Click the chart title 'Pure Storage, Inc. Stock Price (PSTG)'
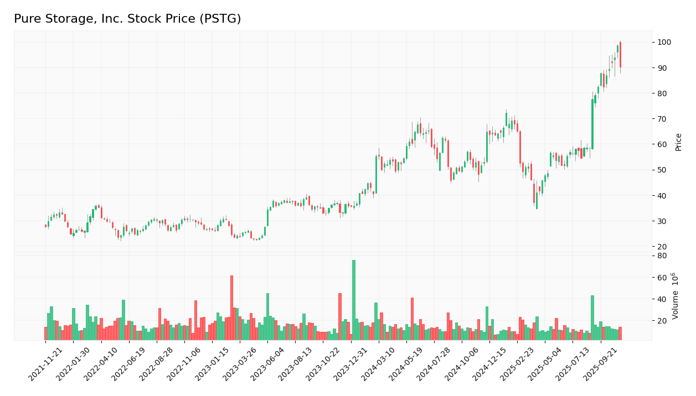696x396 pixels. click(x=127, y=19)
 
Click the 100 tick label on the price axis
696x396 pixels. click(x=664, y=43)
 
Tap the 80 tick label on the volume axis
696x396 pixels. click(x=662, y=256)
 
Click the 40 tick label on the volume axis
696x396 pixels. click(x=662, y=299)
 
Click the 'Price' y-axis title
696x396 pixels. click(x=678, y=142)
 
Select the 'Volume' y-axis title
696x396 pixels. click(x=676, y=296)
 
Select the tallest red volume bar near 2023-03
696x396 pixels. click(x=231, y=308)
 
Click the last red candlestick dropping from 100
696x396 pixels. click(x=620, y=55)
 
